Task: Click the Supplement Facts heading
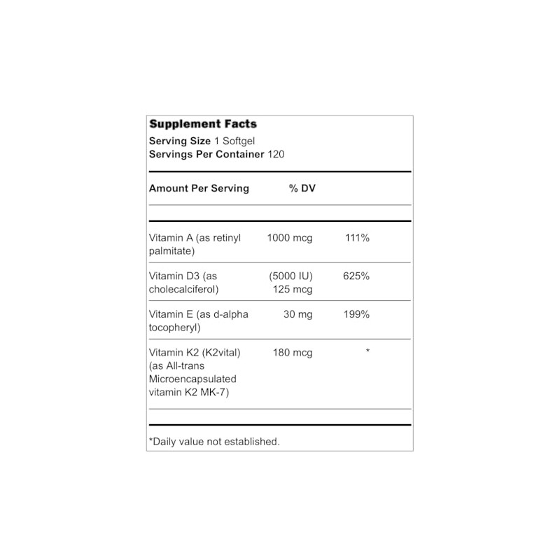tap(203, 124)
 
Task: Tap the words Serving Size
tap(174, 141)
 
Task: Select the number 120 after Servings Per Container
tap(277, 154)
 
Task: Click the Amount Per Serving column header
tap(199, 188)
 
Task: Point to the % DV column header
tap(302, 188)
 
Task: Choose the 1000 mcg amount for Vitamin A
tap(289, 238)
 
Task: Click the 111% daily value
tap(357, 238)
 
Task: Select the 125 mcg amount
tap(293, 289)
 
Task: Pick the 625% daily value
tap(356, 276)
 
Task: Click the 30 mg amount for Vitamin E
tap(297, 314)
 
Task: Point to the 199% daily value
tap(356, 314)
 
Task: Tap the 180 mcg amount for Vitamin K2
tap(292, 352)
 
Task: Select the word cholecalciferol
tap(183, 289)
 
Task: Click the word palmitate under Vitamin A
tap(171, 251)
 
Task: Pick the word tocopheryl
tap(174, 327)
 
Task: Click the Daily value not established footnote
tap(214, 441)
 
